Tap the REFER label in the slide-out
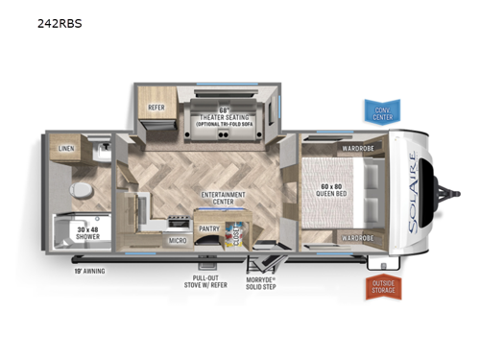(x=156, y=108)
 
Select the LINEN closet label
(x=66, y=149)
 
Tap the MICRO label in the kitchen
(x=177, y=240)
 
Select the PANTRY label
(x=208, y=229)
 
